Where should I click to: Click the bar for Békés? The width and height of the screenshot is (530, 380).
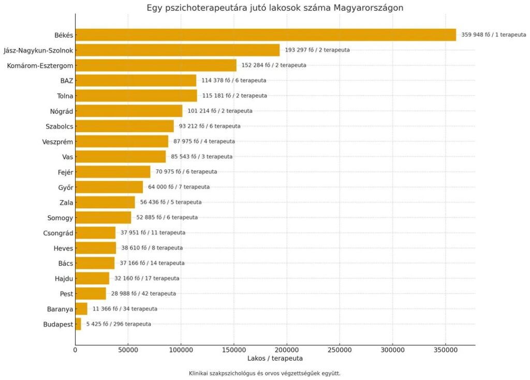point(266,35)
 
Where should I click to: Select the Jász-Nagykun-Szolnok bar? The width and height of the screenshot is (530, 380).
point(178,50)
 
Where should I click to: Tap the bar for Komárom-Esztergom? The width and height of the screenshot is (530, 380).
point(156,65)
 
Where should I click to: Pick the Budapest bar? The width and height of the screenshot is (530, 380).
point(78,324)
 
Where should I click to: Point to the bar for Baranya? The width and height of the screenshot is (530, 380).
point(81,309)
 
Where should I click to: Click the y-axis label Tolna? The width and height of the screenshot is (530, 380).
point(65,96)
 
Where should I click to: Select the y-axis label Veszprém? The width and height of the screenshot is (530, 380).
point(57,141)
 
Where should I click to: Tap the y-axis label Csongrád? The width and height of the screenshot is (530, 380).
point(58,233)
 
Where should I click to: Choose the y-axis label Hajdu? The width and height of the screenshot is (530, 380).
point(64,279)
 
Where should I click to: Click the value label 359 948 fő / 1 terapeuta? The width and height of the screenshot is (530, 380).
point(494,35)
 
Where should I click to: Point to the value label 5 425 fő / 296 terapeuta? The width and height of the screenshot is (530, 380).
point(119,324)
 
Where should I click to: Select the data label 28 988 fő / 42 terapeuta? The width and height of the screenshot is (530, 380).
point(143,294)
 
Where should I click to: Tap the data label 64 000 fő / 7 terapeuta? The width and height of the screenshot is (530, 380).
point(179,187)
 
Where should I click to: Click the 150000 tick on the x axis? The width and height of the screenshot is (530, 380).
point(234,350)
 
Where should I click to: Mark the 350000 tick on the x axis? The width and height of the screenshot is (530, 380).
point(445,350)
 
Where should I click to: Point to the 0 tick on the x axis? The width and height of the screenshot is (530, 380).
point(76,350)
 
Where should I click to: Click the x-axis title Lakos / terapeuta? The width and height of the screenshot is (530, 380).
point(275,358)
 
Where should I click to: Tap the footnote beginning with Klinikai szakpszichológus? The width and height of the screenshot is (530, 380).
point(264,373)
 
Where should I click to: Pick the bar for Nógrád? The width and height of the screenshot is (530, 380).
point(129,111)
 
